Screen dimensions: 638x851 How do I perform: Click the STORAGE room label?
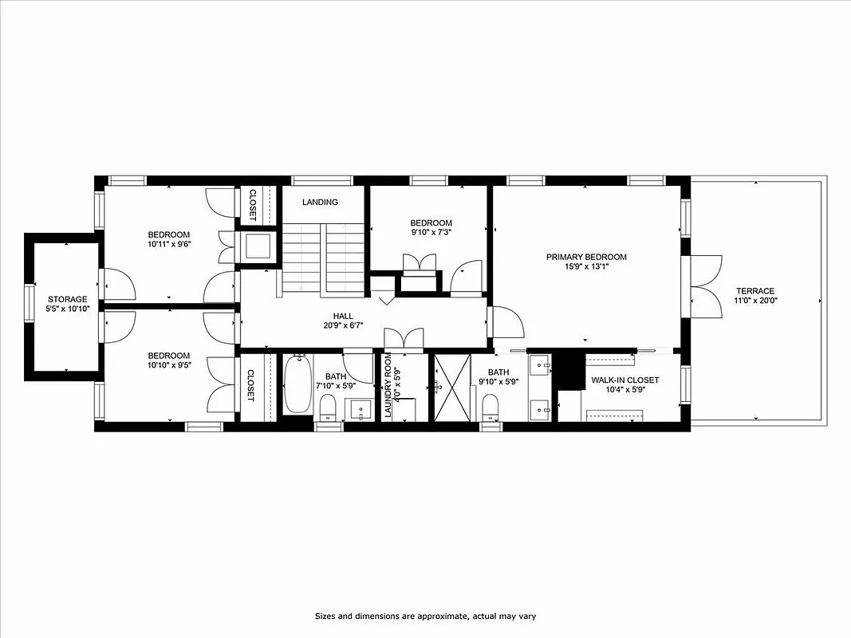[x=66, y=299]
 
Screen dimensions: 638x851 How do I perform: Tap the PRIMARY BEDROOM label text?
[x=586, y=257]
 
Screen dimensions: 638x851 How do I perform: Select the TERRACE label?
[x=754, y=291]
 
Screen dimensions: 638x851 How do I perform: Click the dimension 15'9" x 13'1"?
[x=586, y=267]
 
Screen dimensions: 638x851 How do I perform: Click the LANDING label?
[x=320, y=203]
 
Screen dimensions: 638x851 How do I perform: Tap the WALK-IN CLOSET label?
[x=624, y=380]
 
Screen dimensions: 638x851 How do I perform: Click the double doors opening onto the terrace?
[x=705, y=287]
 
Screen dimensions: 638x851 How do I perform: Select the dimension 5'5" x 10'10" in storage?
[x=66, y=309]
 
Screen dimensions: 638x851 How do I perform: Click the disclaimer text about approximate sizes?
[x=425, y=616]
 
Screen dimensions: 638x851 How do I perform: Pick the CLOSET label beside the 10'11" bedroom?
[x=252, y=203]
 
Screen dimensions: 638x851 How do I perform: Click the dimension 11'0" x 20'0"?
[x=754, y=301]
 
